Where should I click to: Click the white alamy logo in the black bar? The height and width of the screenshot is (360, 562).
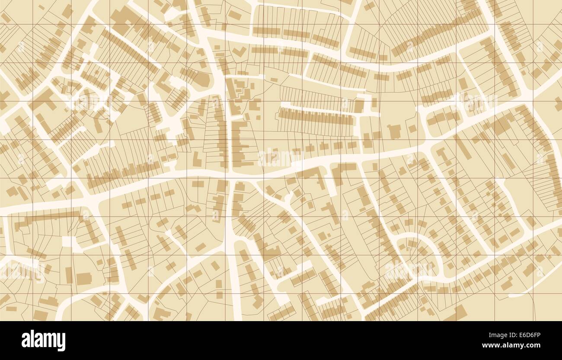tap(43, 340)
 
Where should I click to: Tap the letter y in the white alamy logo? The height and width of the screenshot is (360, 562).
tap(61, 341)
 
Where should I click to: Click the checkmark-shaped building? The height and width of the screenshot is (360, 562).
tap(237, 52)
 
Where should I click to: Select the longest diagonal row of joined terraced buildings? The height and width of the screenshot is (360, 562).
tap(437, 32)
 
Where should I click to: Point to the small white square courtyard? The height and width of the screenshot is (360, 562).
tap(68, 242)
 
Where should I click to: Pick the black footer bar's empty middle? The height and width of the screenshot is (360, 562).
tap(281, 340)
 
